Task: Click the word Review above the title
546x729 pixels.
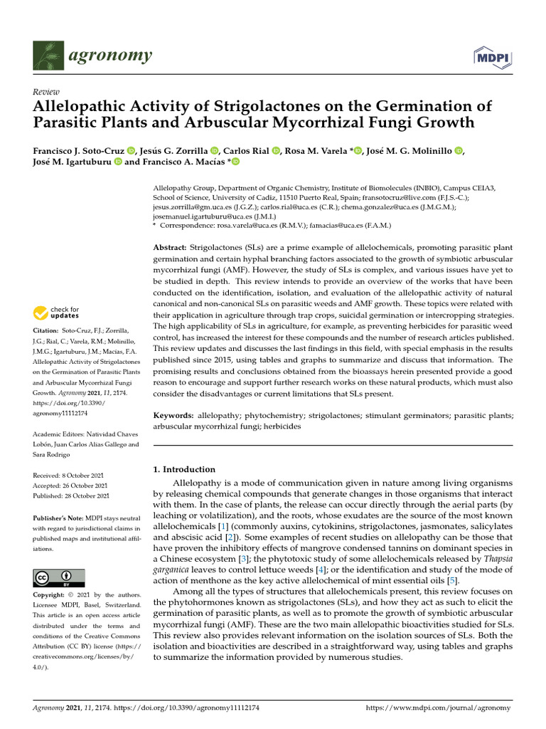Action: [46, 92]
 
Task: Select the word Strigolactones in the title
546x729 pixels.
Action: [247, 107]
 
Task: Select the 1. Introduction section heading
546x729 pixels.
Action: [184, 469]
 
